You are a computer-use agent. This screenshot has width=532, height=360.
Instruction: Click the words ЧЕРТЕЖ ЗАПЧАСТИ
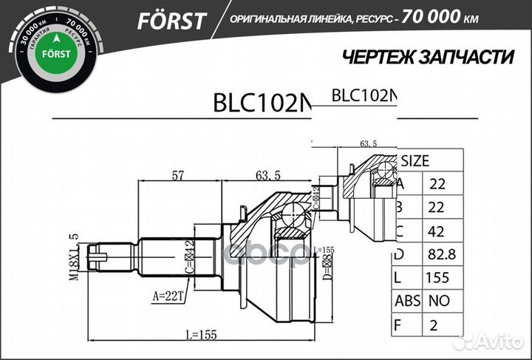428,58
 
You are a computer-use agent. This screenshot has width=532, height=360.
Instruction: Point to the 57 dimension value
178,174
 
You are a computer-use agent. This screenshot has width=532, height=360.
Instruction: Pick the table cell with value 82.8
437,256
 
